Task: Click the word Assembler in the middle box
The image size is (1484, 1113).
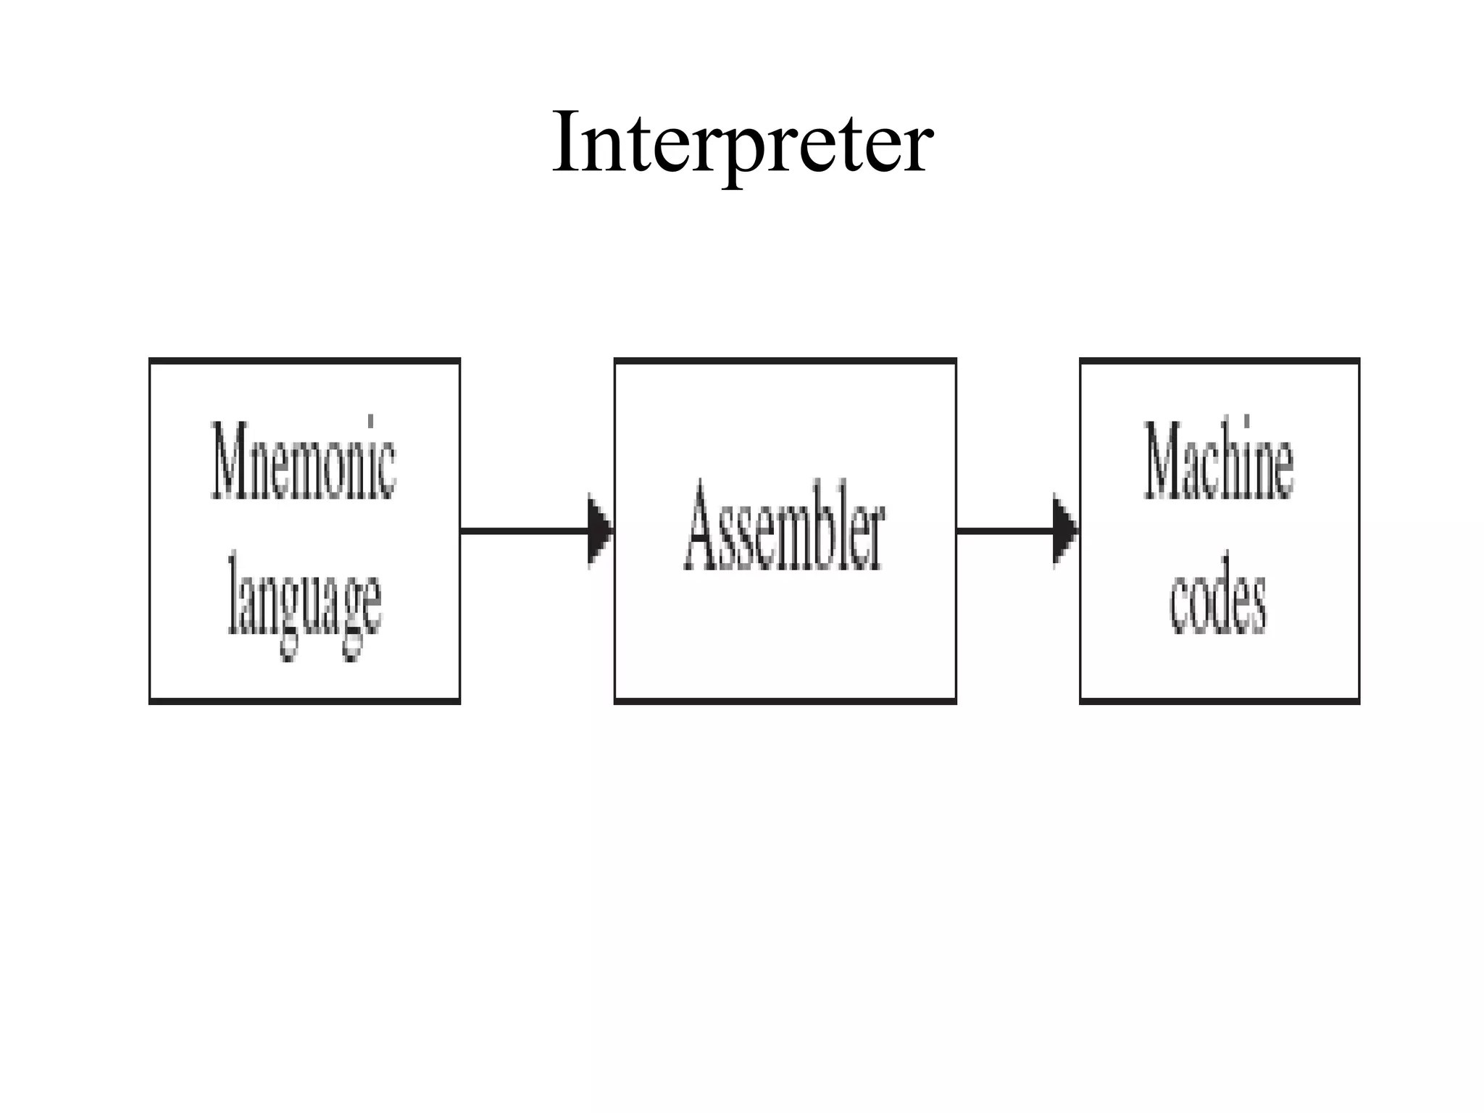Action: pos(784,528)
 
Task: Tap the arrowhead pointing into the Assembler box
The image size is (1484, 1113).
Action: pos(600,531)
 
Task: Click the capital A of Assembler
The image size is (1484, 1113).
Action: pos(703,528)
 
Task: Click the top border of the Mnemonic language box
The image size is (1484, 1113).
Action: pos(304,361)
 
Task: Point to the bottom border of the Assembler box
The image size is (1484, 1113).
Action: pos(785,701)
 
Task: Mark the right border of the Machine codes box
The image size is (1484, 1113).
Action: pos(1359,531)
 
